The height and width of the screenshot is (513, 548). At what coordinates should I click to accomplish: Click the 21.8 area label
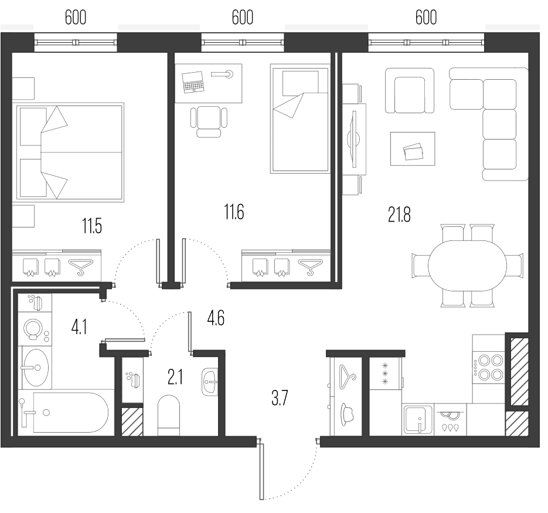click(x=399, y=215)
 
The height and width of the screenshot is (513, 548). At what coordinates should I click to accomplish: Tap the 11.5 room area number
click(x=92, y=226)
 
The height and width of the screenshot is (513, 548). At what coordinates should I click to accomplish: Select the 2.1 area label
click(x=175, y=378)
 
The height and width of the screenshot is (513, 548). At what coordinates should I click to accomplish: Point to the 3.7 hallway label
click(x=280, y=398)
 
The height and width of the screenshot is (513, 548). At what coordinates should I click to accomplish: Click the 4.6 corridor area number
click(x=216, y=318)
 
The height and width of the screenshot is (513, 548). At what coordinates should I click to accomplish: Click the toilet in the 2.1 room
click(x=168, y=416)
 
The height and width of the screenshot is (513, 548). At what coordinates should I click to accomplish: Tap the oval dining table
click(x=467, y=266)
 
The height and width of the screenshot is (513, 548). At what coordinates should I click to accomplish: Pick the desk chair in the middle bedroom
click(x=209, y=122)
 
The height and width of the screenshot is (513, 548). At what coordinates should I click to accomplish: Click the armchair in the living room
click(x=410, y=90)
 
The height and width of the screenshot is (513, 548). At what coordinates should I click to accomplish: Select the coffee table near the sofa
click(x=413, y=148)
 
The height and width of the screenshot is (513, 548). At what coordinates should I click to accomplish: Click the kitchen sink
click(x=418, y=419)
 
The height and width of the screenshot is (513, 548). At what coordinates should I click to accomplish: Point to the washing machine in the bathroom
click(x=35, y=329)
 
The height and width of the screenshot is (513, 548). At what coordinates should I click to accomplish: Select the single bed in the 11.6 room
click(x=300, y=118)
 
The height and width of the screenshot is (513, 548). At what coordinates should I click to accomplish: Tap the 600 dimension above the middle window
click(x=242, y=17)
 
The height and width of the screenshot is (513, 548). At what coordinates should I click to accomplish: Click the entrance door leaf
click(x=261, y=471)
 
